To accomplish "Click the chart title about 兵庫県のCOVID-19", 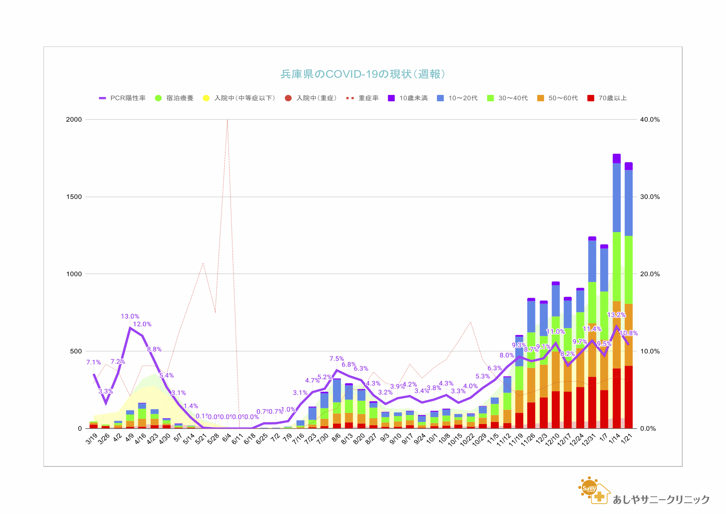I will coord(363,74).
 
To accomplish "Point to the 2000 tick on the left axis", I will coord(74,119).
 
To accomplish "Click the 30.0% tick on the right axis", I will coord(649,197).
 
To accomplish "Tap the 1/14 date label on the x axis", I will coord(614,438).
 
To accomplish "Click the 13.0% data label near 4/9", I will coord(130,317).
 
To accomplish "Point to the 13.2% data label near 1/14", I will coord(616,315).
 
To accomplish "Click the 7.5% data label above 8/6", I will coord(337,359).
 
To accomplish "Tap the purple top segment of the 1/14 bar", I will coord(617,158).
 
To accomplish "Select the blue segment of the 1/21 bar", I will coord(629,203).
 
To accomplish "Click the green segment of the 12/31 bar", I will coord(592,303).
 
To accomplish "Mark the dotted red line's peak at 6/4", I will coord(227,120).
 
